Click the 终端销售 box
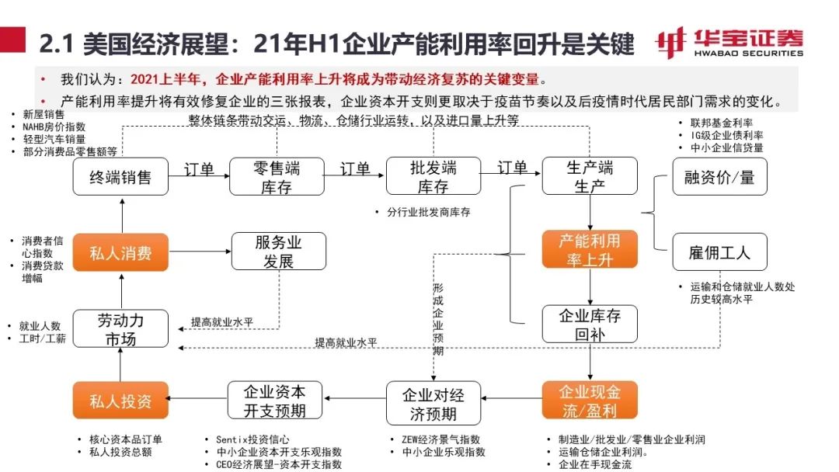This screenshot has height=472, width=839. [x=120, y=177]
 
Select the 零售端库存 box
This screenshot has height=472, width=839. [x=277, y=177]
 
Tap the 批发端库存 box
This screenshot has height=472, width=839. [x=433, y=177]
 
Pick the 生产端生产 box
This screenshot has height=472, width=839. [x=590, y=177]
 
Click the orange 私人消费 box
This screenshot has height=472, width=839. [x=120, y=252]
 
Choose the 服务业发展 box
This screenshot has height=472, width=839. [x=278, y=252]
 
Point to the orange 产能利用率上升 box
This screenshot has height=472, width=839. [x=590, y=249]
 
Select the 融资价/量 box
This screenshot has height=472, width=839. [x=719, y=177]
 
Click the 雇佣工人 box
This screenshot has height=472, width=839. [x=719, y=252]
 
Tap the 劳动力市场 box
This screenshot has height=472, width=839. [x=120, y=329]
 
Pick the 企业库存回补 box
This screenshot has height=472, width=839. [x=590, y=324]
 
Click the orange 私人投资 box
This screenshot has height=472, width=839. [x=120, y=401]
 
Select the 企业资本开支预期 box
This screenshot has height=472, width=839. [x=274, y=401]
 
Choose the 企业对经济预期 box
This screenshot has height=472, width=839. [x=433, y=403]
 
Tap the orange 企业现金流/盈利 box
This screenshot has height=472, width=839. [x=590, y=401]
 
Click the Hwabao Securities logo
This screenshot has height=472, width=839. [x=729, y=43]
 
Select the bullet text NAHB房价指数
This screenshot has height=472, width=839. [x=54, y=127]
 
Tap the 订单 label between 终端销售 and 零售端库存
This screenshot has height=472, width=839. [x=200, y=168]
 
